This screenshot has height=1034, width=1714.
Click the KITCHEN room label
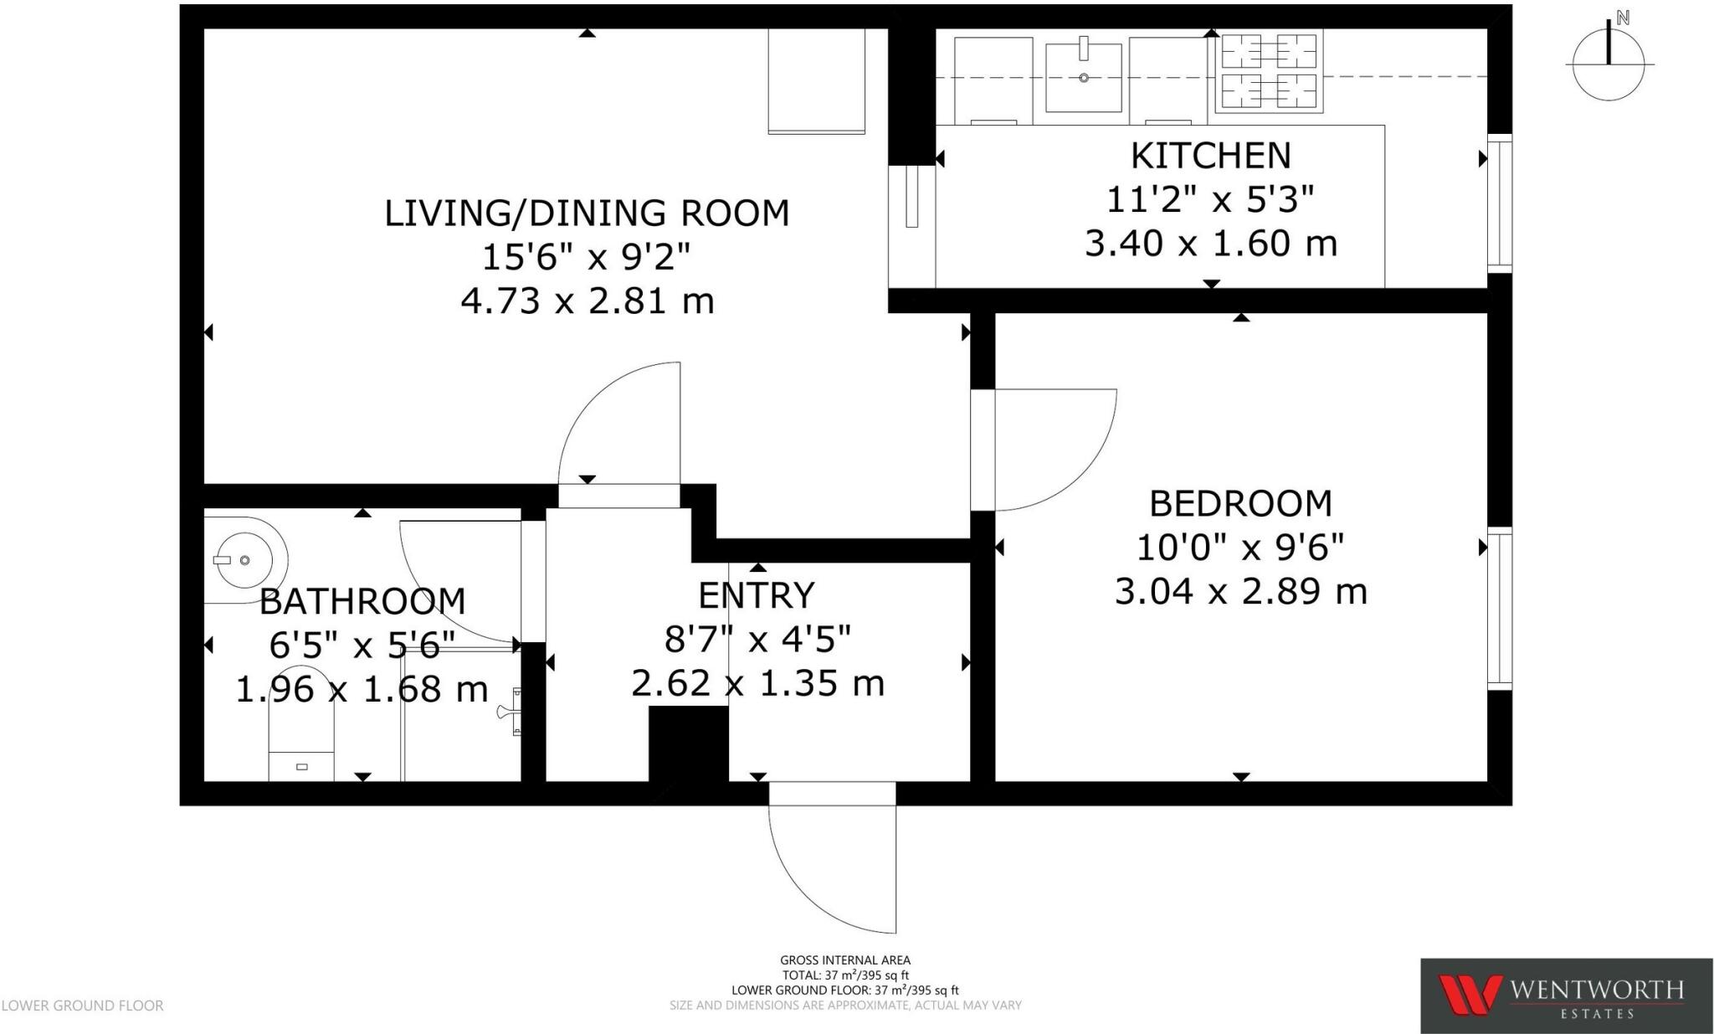[1210, 156]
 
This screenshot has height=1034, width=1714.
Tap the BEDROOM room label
[1240, 504]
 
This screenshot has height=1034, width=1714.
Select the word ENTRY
[756, 595]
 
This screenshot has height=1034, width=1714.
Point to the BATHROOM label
[362, 601]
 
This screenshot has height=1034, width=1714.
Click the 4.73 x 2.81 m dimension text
[588, 301]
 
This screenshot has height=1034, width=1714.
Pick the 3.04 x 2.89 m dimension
[1240, 592]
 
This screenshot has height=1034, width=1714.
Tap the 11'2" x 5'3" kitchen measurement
[1210, 200]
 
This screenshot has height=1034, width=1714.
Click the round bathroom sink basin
[244, 559]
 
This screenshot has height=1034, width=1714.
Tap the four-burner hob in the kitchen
[1268, 71]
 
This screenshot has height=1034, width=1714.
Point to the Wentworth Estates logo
[1565, 995]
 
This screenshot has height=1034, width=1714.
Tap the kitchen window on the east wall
[1499, 203]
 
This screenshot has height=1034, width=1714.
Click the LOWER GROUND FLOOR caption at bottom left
[82, 1006]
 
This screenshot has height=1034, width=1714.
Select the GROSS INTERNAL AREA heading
[844, 960]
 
